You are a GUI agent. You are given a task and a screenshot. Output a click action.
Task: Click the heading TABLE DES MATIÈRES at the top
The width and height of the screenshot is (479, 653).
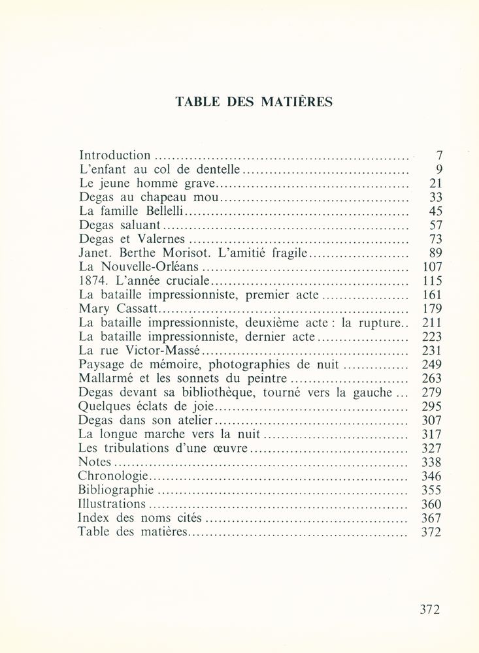254,102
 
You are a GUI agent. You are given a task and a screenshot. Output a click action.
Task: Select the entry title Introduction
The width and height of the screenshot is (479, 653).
114,155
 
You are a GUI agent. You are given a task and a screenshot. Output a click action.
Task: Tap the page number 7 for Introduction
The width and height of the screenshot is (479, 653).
439,155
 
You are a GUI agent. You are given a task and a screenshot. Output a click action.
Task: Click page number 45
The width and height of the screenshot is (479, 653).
435,211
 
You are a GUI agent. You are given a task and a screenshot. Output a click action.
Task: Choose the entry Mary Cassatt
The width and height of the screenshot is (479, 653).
119,308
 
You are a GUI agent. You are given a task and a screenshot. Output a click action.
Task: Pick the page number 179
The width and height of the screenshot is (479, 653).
432,308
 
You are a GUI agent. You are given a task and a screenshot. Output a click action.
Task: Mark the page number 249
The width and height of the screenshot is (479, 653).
432,364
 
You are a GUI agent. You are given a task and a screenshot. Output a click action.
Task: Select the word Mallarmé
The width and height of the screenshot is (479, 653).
104,378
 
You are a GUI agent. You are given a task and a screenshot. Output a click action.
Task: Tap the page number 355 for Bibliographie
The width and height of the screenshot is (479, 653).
432,490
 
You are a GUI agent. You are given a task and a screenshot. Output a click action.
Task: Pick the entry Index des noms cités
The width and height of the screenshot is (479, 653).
140,518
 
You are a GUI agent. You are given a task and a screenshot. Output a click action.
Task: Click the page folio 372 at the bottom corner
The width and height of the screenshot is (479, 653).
430,610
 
